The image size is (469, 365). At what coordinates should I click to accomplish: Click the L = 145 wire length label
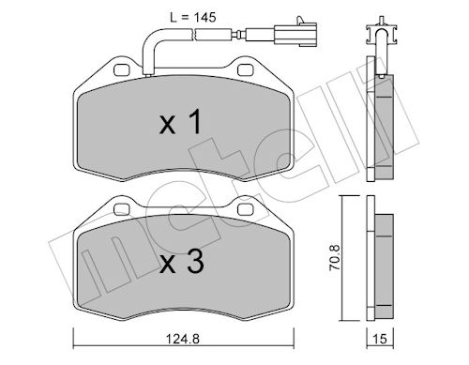point(193,18)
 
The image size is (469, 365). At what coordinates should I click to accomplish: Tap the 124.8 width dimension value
point(183,339)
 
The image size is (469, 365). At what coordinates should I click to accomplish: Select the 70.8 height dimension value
point(335,257)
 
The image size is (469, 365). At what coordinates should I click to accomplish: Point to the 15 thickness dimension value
point(380,339)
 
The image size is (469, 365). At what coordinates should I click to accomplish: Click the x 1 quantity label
point(181,123)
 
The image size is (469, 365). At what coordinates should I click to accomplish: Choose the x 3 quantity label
point(182,261)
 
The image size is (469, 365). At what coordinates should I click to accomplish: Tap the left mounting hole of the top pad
point(122,69)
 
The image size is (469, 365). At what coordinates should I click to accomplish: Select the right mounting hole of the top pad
point(245,69)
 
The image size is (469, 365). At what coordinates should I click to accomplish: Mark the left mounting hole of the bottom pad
point(122,209)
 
